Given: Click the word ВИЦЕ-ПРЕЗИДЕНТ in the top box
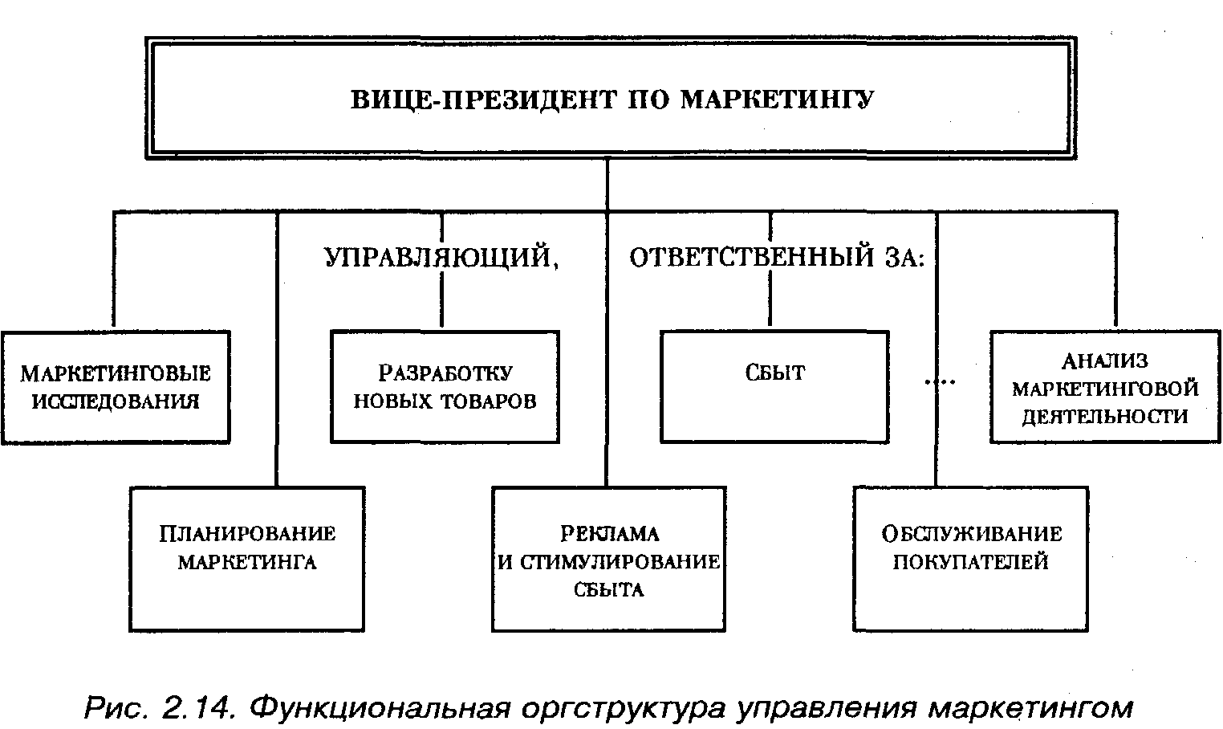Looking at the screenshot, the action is pyautogui.click(x=484, y=100).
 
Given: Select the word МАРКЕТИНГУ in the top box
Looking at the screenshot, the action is pyautogui.click(x=778, y=100).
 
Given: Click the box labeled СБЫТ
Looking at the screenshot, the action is pyautogui.click(x=774, y=387).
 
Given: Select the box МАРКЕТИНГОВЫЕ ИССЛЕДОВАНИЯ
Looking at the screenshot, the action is pyautogui.click(x=116, y=387).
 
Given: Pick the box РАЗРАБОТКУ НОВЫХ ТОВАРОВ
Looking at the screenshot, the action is pyautogui.click(x=445, y=387).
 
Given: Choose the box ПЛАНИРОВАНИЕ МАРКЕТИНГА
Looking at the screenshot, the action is pyautogui.click(x=247, y=559).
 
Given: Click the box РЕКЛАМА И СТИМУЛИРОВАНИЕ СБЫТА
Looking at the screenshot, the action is pyautogui.click(x=609, y=559).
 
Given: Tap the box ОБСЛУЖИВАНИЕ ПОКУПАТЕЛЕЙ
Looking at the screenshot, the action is pyautogui.click(x=971, y=559).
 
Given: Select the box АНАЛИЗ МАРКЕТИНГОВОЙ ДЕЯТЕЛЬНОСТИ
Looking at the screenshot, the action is pyautogui.click(x=1106, y=387).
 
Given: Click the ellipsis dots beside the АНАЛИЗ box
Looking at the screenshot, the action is pyautogui.click(x=940, y=382).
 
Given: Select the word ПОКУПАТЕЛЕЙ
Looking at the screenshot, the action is pyautogui.click(x=971, y=562).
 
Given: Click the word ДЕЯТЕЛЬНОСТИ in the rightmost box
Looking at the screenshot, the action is pyautogui.click(x=1105, y=417).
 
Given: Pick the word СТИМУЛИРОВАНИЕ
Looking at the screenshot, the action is pyautogui.click(x=620, y=562).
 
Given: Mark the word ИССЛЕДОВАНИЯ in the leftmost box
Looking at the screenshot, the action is pyautogui.click(x=116, y=402).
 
